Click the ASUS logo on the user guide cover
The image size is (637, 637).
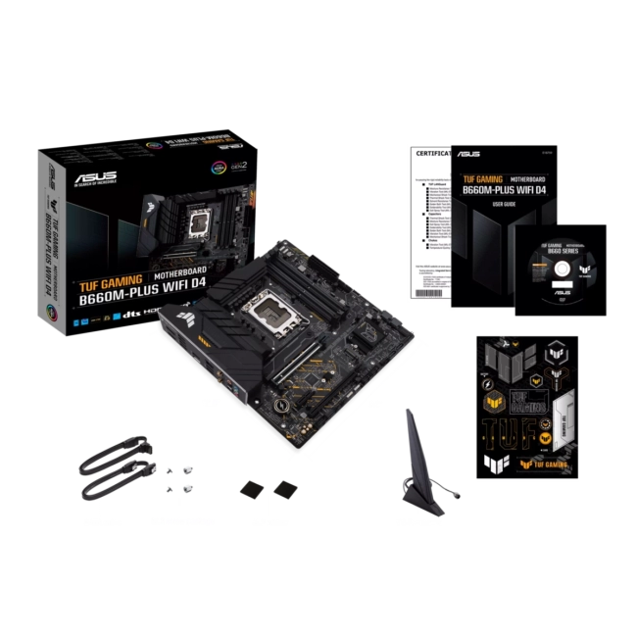(x=467, y=154)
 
